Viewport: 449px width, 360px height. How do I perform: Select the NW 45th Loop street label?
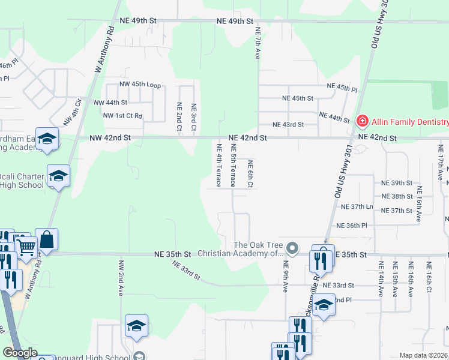pyautogui.click(x=140, y=86)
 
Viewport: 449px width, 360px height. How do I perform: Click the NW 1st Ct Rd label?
pyautogui.click(x=122, y=115)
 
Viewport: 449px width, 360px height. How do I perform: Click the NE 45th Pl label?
pyautogui.click(x=342, y=88)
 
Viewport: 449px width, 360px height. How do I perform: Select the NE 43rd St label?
pyautogui.click(x=288, y=125)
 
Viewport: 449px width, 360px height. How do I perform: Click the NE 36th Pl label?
pyautogui.click(x=352, y=226)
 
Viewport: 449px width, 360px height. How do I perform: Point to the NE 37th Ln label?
pyautogui.click(x=357, y=206)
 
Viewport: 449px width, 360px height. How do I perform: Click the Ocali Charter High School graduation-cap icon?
pyautogui.click(x=58, y=176)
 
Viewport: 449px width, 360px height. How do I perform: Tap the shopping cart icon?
pyautogui.click(x=25, y=245)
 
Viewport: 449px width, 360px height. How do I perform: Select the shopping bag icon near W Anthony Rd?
pyautogui.click(x=46, y=239)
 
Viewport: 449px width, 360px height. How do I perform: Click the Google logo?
pyautogui.click(x=19, y=353)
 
